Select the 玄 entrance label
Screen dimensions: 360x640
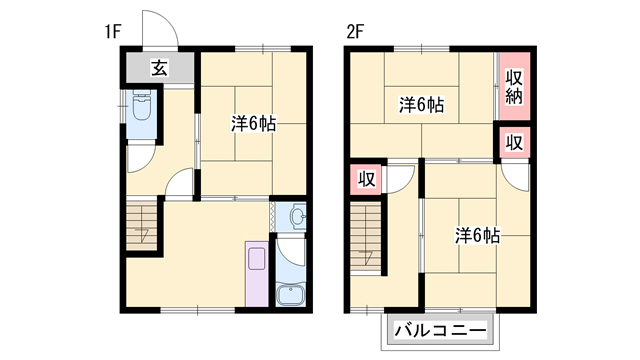coord(159,68)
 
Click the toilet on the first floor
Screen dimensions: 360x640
coord(141,107)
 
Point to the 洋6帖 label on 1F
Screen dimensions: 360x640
coord(254,124)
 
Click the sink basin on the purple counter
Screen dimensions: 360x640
coord(256,258)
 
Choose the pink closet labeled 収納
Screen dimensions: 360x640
coord(514,88)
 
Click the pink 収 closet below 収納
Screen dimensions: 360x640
coord(514,142)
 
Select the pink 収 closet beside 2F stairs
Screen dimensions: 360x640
coord(367,180)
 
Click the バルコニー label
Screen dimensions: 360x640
coord(440,329)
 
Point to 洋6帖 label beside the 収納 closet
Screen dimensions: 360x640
coord(422,104)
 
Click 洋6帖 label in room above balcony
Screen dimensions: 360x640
coord(478,235)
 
